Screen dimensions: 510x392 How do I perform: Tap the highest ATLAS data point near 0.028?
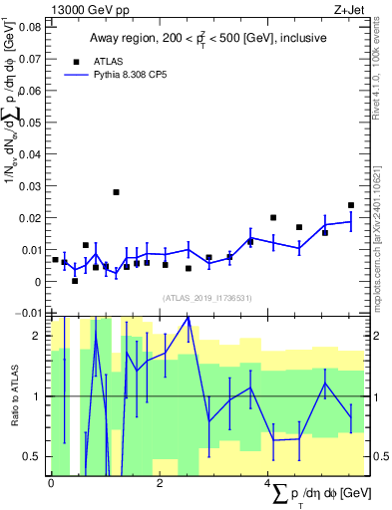pyautogui.click(x=116, y=192)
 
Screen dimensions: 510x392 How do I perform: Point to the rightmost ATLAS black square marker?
pyautogui.click(x=351, y=205)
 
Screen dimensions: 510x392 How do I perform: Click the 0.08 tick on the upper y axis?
pyautogui.click(x=31, y=27)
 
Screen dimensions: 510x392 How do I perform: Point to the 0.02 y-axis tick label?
pyautogui.click(x=31, y=218)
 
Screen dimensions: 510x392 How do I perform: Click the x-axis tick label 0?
pyautogui.click(x=51, y=483)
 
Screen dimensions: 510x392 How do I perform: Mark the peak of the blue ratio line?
pyautogui.click(x=188, y=317)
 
